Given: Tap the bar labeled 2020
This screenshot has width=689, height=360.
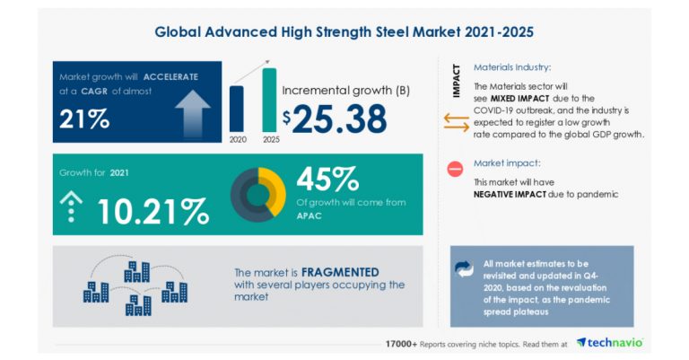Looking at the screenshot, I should [x=237, y=109].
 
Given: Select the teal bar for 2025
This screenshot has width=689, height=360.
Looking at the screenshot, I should [x=269, y=100].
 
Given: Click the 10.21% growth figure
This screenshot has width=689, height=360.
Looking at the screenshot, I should [x=153, y=211].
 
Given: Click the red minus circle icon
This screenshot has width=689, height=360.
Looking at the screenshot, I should [x=455, y=169].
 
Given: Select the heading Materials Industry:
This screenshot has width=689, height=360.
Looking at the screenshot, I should [x=511, y=67].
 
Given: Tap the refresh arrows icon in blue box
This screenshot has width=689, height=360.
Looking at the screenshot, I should [x=464, y=268].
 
